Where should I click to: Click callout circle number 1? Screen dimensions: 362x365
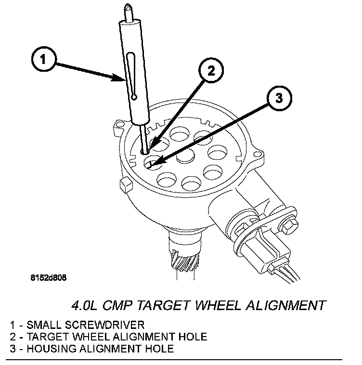coord(43,59)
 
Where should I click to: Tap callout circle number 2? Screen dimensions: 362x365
coord(211,70)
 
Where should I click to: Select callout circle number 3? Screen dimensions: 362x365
coord(279,98)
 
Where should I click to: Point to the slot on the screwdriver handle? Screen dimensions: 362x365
coord(131,76)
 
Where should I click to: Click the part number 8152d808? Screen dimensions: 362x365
coord(49,277)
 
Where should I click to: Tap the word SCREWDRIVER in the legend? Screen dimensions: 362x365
coord(104,325)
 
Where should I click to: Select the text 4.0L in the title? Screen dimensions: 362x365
coord(84,305)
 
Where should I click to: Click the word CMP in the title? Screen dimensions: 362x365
coord(117,305)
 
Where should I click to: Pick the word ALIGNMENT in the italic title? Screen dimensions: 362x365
coord(285,305)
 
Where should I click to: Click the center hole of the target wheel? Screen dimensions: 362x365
coord(185,156)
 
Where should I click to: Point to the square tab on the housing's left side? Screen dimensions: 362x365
coord(126,184)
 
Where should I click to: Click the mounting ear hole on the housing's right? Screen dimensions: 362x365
coord(257,154)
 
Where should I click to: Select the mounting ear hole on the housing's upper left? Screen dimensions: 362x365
coord(120,124)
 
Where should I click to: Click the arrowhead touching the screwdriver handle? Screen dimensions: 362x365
coord(119,77)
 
